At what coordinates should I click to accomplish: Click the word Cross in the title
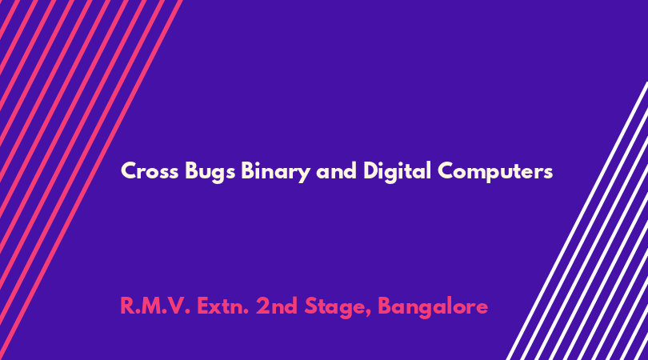(150, 170)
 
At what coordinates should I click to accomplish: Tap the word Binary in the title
(276, 172)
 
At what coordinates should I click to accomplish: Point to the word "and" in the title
(336, 170)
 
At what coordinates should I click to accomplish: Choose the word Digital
(397, 172)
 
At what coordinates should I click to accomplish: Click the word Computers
(495, 172)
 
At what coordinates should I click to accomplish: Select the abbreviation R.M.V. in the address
(155, 306)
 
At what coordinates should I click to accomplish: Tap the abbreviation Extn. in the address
(222, 306)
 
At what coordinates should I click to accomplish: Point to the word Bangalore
(433, 307)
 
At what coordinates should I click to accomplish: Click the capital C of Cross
(128, 170)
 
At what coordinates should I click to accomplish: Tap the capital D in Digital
(371, 170)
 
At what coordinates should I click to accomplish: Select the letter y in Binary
(304, 175)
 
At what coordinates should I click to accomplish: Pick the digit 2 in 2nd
(262, 306)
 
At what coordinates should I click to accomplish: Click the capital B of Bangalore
(385, 306)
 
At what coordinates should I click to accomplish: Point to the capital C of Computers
(446, 170)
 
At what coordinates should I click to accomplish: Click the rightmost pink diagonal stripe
(91, 180)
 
